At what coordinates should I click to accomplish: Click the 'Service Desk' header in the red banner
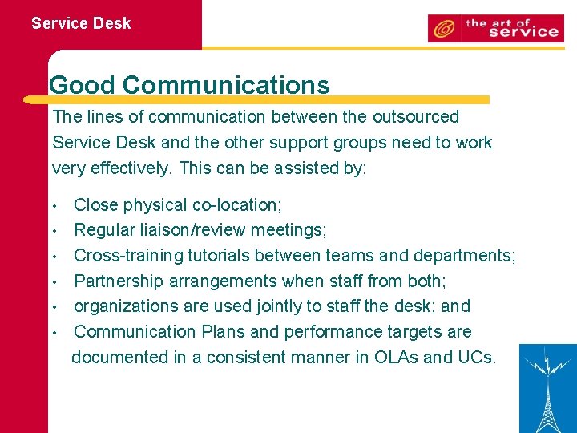click(x=81, y=23)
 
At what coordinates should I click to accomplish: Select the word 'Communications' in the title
click(x=226, y=85)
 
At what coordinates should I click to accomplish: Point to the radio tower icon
click(x=548, y=388)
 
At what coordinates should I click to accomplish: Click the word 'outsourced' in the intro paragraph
click(x=415, y=117)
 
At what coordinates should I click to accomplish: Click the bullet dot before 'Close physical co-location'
click(x=54, y=206)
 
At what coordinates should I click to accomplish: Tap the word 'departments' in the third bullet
click(x=463, y=256)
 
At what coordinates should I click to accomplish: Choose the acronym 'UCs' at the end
click(x=475, y=358)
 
